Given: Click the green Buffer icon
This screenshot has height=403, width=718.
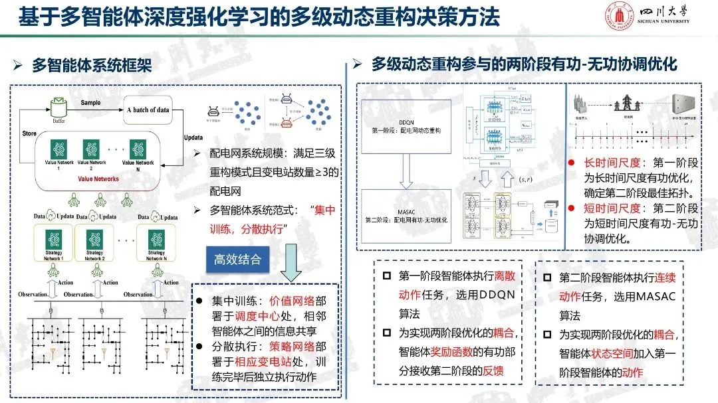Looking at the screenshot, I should (x=58, y=106).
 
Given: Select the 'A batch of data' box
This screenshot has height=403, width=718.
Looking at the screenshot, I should (x=153, y=110).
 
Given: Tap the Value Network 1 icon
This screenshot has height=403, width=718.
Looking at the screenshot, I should (x=52, y=147).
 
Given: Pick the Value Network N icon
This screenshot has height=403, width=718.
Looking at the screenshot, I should (x=138, y=147).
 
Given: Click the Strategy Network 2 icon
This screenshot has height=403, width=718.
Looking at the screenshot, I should (x=94, y=238).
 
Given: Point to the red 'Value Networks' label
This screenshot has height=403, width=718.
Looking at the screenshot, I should (x=98, y=179).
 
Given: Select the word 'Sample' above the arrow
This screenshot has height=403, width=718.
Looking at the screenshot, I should (x=91, y=103).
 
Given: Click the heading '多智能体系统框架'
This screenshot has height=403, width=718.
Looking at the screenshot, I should (x=91, y=65).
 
